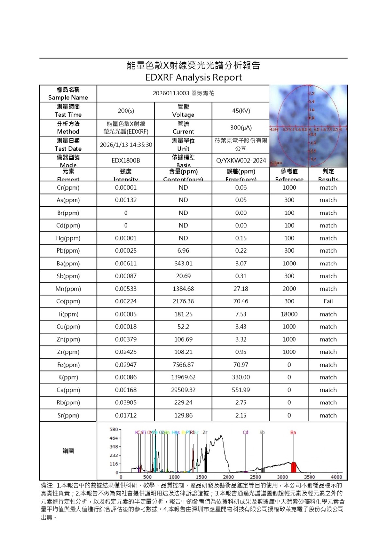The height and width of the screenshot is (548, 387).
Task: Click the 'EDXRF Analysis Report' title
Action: tap(193, 77)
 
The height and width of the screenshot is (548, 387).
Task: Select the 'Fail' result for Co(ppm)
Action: tap(328, 301)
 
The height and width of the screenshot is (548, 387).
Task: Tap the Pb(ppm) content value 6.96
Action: tap(183, 251)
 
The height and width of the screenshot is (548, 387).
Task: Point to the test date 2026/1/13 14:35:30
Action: tap(126, 145)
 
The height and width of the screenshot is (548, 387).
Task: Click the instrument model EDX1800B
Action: tap(126, 161)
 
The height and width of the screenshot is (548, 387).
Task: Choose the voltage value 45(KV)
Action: tap(241, 111)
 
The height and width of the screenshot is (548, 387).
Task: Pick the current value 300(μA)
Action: tap(241, 128)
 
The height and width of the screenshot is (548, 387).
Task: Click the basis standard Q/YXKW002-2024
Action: tap(241, 161)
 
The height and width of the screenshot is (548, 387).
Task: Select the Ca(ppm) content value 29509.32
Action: tap(183, 390)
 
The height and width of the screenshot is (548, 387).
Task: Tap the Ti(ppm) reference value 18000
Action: tap(289, 314)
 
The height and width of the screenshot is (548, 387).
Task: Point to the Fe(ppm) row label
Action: tap(68, 365)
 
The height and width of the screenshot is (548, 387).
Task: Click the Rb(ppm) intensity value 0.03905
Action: tap(126, 402)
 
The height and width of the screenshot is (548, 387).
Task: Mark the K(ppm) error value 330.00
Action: tap(241, 377)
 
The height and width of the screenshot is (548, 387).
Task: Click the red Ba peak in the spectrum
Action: tap(294, 467)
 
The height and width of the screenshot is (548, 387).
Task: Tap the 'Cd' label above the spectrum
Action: tap(245, 432)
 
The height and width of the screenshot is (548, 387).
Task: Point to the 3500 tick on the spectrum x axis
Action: tap(309, 477)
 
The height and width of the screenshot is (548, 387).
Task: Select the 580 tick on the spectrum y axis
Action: tap(113, 429)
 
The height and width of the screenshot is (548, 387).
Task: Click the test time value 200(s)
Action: tap(126, 111)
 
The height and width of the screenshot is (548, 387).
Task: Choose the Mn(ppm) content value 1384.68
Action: tap(183, 289)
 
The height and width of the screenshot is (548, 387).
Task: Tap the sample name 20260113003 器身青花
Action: tap(183, 93)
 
